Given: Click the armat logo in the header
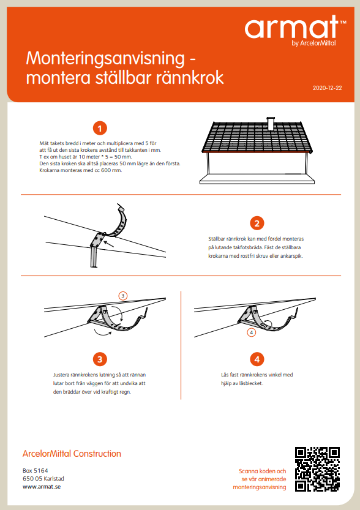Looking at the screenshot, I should coord(292,28).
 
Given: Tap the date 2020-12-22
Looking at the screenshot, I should coord(327,88).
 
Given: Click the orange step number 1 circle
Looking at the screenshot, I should coord(100,128).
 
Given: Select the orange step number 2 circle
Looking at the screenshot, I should coord(258,223).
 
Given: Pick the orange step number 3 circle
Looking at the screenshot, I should coord(100,359).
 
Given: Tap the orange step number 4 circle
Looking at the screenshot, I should coord(258,359).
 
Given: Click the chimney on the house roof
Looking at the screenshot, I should coord(271,122).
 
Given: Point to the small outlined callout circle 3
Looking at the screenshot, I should coord(123,296).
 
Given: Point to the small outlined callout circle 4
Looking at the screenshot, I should coord(251,332).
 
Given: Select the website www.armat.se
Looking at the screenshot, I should coord(42,487).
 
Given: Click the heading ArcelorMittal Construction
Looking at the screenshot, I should coord(72,454).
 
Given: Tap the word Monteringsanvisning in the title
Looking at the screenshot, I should coord(105,59).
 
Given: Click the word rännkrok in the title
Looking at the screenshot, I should coord(189,78).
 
